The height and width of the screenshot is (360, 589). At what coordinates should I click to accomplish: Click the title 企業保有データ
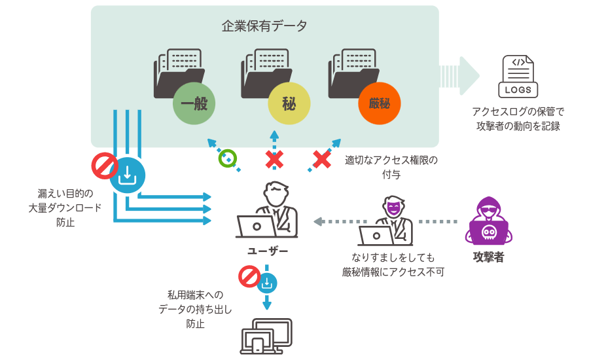point(264,27)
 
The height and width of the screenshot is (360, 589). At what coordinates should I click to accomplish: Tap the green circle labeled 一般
point(194,103)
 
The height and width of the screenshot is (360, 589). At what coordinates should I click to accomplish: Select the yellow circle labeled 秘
point(289,103)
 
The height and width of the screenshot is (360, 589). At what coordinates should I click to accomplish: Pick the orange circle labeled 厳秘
point(379,103)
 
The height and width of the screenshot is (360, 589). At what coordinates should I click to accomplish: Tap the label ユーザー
point(267,251)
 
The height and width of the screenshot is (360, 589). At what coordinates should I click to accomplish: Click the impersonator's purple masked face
point(392,209)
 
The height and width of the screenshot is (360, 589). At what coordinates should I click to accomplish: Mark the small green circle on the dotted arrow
point(227,158)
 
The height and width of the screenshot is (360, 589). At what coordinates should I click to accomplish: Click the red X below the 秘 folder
point(274,158)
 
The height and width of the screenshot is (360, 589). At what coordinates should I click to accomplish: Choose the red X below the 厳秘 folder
point(321,158)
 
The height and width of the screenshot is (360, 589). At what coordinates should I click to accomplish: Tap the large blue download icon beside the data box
point(127,175)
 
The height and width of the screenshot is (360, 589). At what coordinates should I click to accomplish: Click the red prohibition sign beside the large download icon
point(104,166)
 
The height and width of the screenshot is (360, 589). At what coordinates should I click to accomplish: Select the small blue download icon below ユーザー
point(268,283)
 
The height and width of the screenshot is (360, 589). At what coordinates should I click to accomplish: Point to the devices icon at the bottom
point(266,336)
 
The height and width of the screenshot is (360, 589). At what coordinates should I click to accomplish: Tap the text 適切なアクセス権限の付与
point(391,167)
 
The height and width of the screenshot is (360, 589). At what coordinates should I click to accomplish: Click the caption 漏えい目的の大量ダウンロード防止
point(65,207)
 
